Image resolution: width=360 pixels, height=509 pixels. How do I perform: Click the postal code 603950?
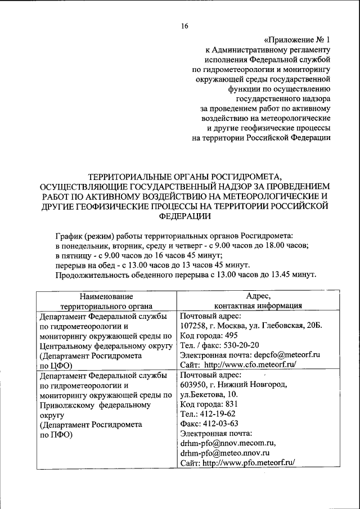pos(193,385)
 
